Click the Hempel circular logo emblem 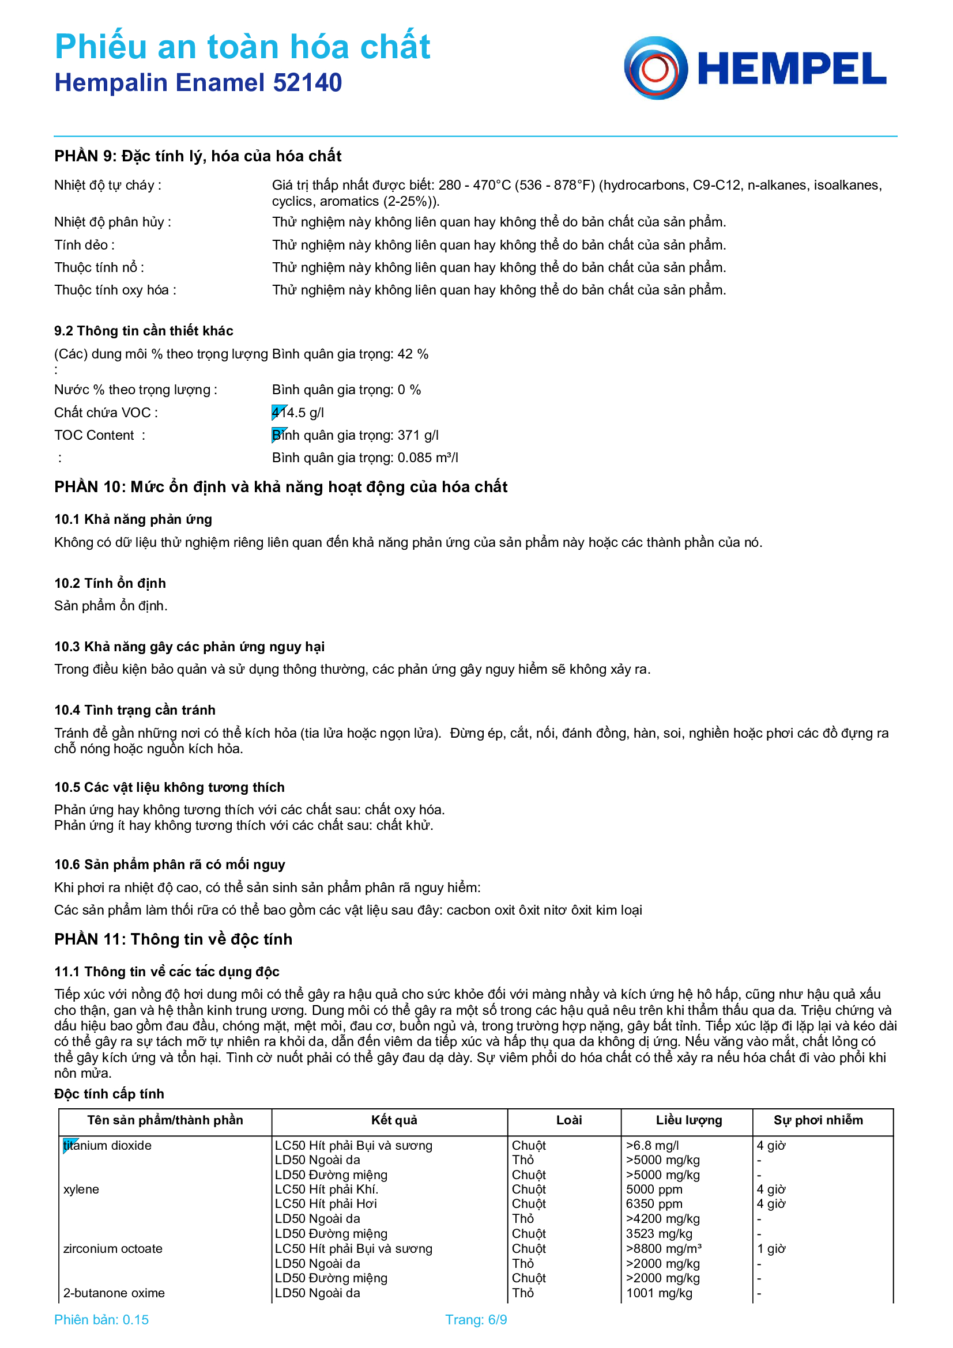656,68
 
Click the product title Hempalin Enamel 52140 198,83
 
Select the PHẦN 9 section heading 198,156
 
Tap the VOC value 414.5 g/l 297,413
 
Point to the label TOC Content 94,435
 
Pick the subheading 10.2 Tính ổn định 110,583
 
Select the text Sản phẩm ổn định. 110,605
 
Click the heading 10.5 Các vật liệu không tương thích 169,787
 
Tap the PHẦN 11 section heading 173,939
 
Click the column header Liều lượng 689,1120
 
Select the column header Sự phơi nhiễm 818,1120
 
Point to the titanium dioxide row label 107,1146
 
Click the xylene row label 81,1190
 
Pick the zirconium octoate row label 113,1249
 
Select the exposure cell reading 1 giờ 771,1249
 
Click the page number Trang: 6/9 476,1320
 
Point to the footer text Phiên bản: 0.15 101,1320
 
